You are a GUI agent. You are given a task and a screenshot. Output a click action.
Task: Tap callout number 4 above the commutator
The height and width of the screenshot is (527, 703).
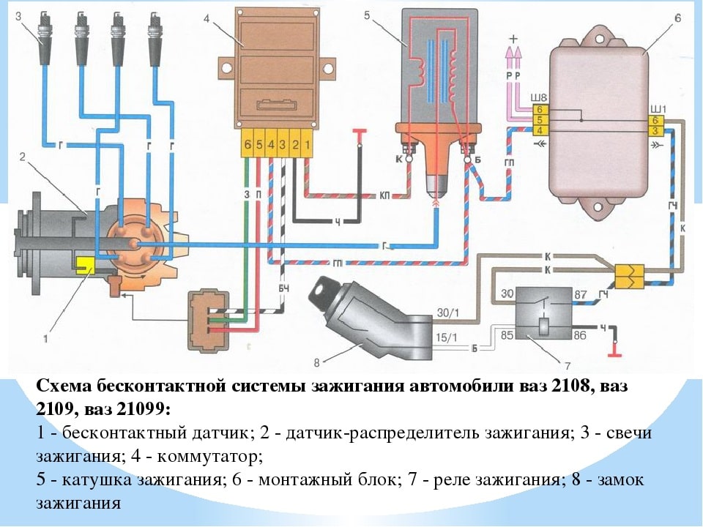click(x=208, y=18)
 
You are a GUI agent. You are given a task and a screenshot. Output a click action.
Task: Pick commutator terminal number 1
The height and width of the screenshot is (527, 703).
click(x=308, y=146)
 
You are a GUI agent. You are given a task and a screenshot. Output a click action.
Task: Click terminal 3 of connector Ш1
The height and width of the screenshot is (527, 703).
click(x=656, y=130)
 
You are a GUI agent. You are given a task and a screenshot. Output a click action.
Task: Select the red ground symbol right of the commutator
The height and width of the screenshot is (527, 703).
click(x=360, y=132)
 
